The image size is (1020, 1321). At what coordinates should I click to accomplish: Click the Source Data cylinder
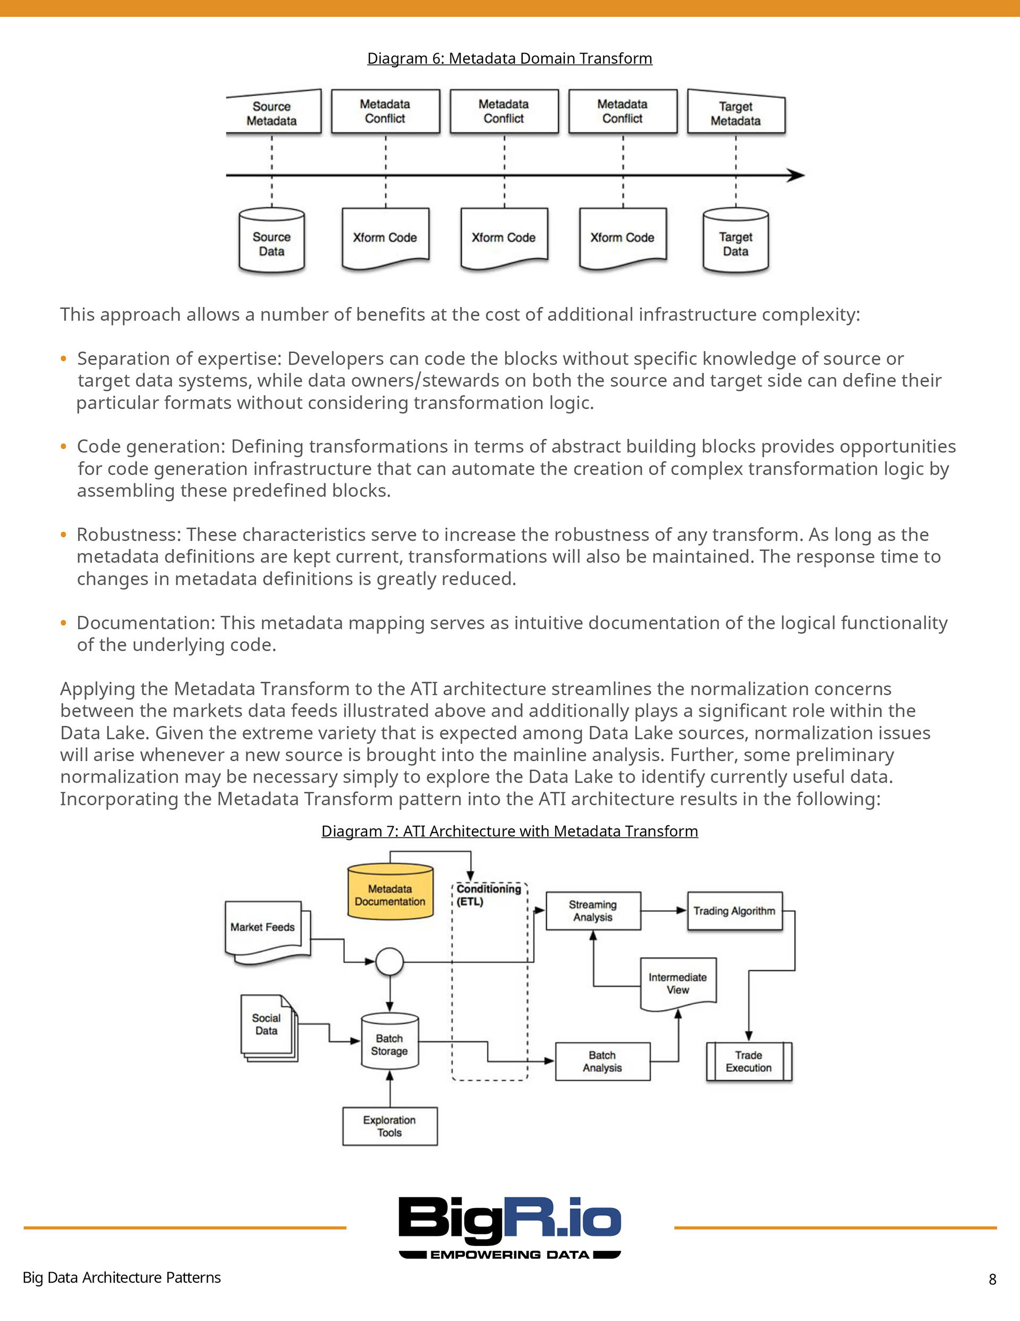coord(271,241)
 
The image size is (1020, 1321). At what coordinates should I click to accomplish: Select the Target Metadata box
coord(736,113)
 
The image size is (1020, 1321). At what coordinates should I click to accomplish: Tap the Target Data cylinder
coord(736,241)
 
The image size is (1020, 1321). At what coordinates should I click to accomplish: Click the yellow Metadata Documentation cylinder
coord(390,891)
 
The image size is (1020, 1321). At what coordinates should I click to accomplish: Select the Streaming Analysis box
coord(593,910)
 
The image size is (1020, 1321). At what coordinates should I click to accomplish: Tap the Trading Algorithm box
coord(735,910)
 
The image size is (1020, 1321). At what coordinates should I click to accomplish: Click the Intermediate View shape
coord(678,983)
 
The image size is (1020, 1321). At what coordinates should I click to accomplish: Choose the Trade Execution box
coord(749,1062)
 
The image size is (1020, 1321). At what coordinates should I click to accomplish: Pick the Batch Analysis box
coord(603,1061)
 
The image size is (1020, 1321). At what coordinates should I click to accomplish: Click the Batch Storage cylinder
coord(389,1041)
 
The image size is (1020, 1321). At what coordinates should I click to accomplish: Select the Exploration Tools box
coord(390,1126)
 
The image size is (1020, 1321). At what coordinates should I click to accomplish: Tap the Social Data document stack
coord(269,1028)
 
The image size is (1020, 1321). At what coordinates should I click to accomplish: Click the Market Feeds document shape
coord(267,932)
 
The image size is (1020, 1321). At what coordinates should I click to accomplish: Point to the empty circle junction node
coord(389,961)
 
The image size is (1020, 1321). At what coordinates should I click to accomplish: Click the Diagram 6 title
coord(509,58)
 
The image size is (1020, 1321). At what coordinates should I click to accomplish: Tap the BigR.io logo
coord(509,1228)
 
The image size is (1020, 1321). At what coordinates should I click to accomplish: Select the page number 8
coord(992,1279)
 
